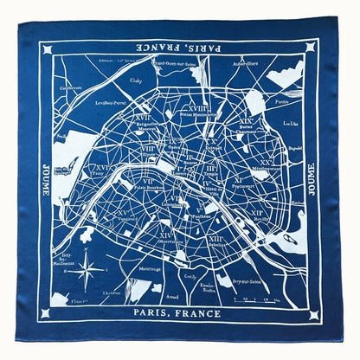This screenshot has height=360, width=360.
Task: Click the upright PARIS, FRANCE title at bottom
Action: tap(179, 312)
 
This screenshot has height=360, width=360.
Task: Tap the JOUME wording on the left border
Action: tap(45, 180)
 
